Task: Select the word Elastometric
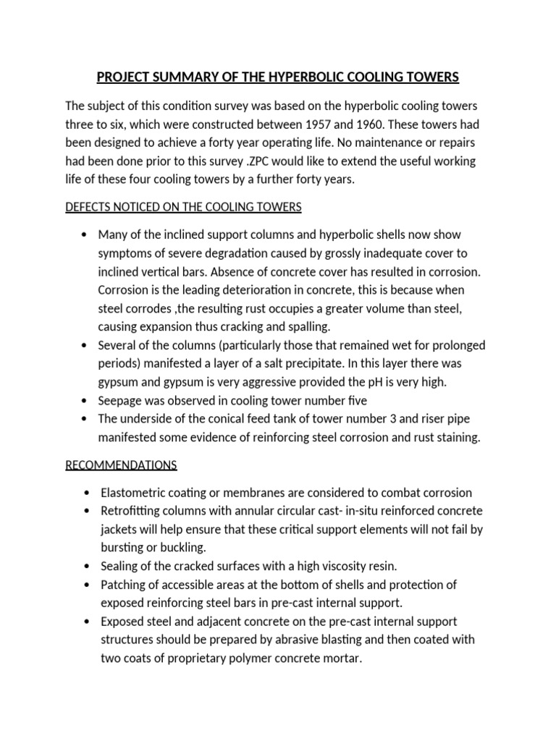click(x=133, y=493)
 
